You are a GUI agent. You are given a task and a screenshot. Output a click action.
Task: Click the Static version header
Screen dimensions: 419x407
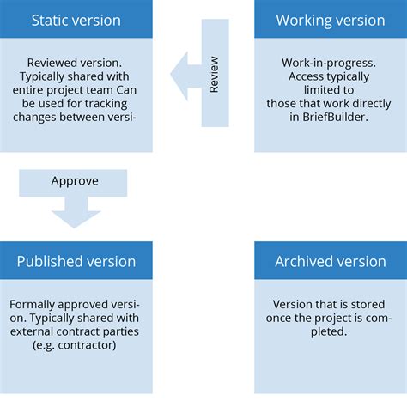tap(76, 20)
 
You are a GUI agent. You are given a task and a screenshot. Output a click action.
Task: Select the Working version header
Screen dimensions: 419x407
tap(331, 20)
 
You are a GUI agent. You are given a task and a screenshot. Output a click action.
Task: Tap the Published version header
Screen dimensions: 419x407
tap(76, 261)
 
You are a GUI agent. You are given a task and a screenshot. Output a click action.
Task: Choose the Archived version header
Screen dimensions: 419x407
tap(331, 261)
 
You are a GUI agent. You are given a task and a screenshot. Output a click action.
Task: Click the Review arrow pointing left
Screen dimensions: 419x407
tap(200, 76)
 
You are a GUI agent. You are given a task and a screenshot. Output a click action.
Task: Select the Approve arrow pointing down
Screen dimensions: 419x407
tap(76, 197)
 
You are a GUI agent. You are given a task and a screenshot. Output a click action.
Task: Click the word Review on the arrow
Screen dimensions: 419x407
tap(214, 76)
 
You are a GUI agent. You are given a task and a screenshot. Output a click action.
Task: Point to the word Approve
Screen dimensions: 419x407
tap(76, 182)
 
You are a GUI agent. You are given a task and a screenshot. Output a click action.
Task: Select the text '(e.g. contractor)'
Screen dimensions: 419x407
tap(74, 344)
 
